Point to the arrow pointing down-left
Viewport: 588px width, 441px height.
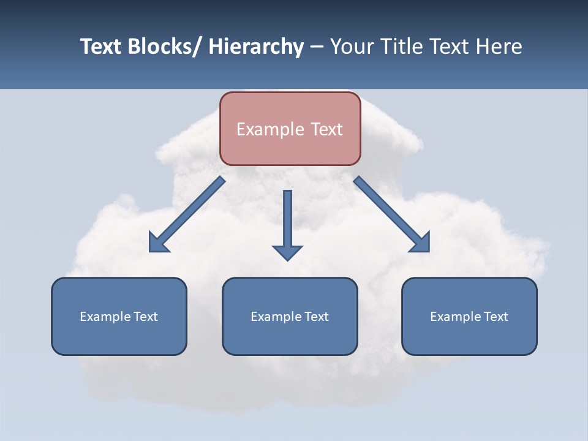pyautogui.click(x=187, y=214)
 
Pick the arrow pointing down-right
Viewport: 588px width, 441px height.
pyautogui.click(x=392, y=214)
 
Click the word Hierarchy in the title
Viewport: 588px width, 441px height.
pyautogui.click(x=256, y=47)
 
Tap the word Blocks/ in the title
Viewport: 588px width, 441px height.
pyautogui.click(x=165, y=47)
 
